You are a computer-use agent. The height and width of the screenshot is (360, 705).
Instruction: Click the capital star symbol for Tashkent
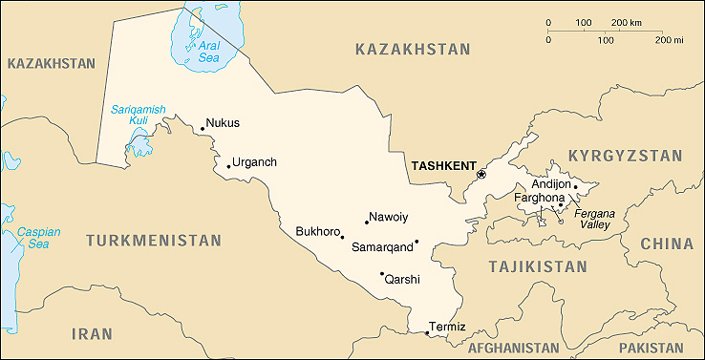(481, 174)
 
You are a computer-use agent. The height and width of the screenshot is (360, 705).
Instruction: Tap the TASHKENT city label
(442, 165)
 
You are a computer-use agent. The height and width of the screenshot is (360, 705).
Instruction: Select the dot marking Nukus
(203, 128)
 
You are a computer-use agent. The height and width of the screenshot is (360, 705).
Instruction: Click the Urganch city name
(254, 161)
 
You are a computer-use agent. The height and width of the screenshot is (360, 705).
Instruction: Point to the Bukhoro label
(317, 231)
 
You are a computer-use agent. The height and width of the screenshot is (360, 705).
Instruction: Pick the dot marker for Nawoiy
(366, 222)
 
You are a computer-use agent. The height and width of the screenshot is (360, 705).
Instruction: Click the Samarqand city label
(382, 247)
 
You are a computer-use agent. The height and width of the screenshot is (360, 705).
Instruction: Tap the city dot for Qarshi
(382, 273)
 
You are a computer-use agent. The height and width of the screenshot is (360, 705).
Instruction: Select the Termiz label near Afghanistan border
(447, 327)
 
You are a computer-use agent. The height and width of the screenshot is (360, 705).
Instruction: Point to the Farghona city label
(540, 198)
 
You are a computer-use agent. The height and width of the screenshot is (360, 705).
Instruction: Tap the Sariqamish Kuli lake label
(138, 115)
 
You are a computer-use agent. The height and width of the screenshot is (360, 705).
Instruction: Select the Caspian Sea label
(38, 238)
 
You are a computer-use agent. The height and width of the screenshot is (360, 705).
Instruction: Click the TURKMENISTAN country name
(153, 241)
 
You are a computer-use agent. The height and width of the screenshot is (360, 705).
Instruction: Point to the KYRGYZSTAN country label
(625, 155)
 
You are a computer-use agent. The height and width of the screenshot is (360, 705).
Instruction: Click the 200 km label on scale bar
(626, 21)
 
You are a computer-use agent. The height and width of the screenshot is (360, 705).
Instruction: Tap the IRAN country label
(92, 333)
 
